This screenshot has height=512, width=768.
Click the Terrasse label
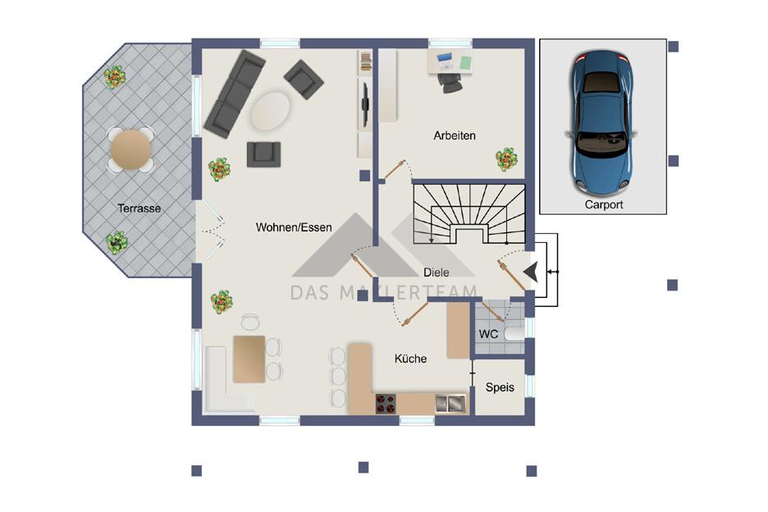[x=139, y=208]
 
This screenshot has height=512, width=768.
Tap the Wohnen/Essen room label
[x=294, y=227]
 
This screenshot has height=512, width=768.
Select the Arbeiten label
[x=455, y=135]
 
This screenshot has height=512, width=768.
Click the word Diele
[x=436, y=272]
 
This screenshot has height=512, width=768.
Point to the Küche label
[x=410, y=359]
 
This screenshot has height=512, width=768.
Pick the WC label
[x=488, y=334]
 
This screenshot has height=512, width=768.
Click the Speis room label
[x=500, y=387]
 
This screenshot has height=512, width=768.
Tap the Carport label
[x=604, y=205]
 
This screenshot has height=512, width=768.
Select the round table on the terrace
[x=130, y=149]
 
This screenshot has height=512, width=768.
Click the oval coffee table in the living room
[x=270, y=112]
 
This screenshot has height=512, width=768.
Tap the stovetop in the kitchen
[x=386, y=404]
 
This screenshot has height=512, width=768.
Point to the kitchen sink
[x=450, y=403]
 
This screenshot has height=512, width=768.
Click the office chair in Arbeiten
[x=450, y=82]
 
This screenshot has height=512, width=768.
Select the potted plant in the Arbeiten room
[x=506, y=158]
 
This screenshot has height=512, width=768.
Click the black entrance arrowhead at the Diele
[x=531, y=272]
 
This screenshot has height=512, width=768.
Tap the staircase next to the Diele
[x=469, y=213]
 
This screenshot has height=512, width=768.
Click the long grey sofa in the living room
[x=235, y=94]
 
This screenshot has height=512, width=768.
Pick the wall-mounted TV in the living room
[x=364, y=104]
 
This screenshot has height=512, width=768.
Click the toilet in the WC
[x=514, y=334]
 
